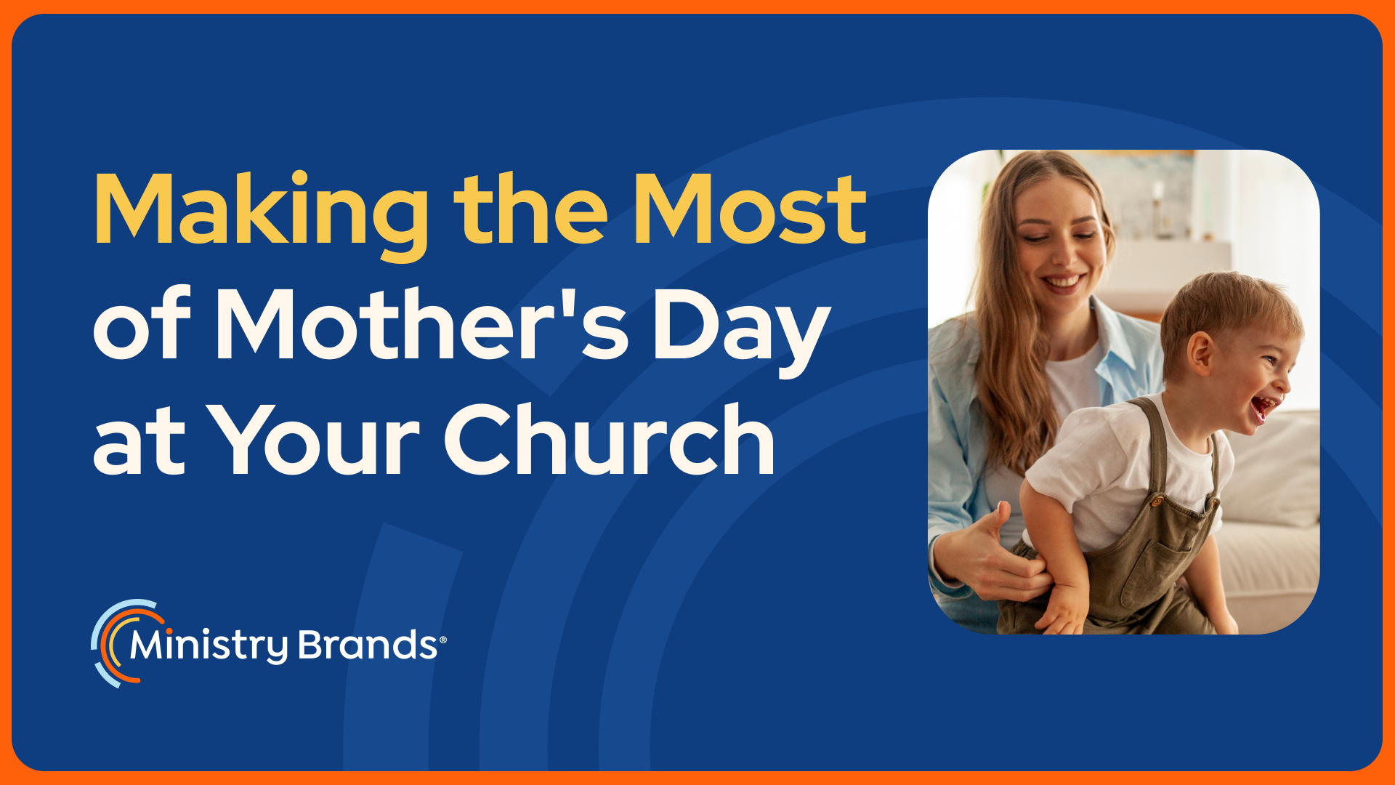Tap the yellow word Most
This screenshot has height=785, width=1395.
click(751, 209)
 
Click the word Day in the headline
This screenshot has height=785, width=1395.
click(742, 332)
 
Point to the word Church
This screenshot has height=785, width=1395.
click(610, 439)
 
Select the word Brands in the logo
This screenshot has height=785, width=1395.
click(368, 645)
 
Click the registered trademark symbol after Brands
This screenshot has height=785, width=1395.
click(443, 640)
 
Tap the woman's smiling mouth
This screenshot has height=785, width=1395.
click(1062, 281)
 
